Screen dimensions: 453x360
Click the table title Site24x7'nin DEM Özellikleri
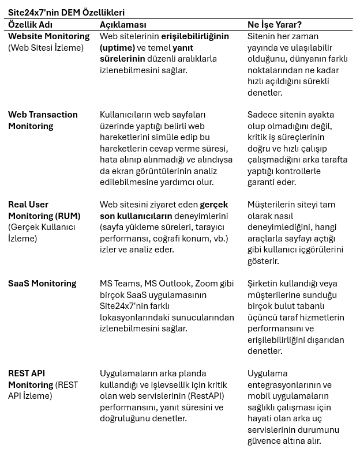(x=66, y=12)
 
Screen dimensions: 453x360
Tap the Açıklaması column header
(x=123, y=25)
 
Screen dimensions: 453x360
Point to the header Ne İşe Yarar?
(x=275, y=25)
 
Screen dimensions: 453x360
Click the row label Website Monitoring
(x=49, y=36)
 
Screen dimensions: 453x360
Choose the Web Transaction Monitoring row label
(x=43, y=120)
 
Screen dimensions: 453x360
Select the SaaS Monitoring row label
(x=42, y=283)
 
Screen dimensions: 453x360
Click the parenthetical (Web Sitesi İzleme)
(x=46, y=47)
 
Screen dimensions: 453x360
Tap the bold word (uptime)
(x=118, y=47)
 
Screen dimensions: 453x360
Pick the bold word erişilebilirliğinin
(x=195, y=36)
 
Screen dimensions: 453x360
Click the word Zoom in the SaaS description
(x=207, y=283)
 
